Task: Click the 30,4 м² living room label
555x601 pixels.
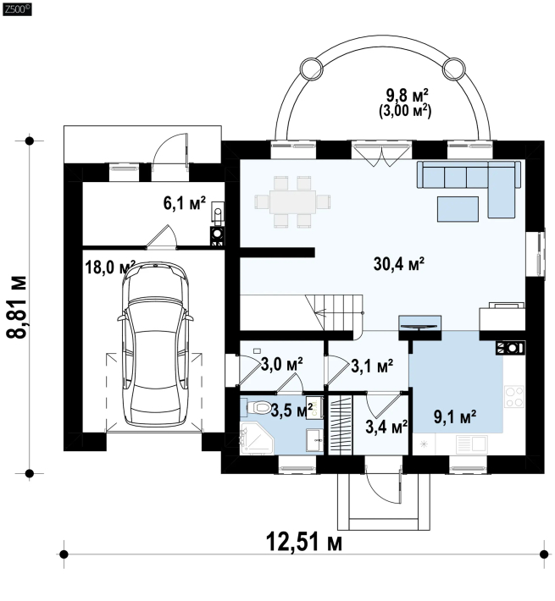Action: [x=399, y=264]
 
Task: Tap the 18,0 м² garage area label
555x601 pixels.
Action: [x=110, y=267]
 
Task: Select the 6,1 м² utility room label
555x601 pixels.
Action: [x=185, y=203]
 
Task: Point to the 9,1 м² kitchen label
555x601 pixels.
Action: [x=455, y=416]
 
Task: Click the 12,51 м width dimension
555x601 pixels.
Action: [x=304, y=542]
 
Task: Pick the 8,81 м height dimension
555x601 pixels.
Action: [x=17, y=306]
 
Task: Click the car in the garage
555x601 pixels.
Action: [x=155, y=344]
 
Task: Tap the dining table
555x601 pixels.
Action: [x=292, y=201]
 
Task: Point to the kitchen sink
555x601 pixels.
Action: [x=471, y=444]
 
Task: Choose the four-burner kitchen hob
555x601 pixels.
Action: [x=514, y=396]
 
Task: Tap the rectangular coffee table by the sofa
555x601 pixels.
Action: [x=458, y=209]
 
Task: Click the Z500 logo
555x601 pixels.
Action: [x=17, y=9]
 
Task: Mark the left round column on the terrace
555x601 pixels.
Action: [x=311, y=69]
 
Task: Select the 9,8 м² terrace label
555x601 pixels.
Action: [x=407, y=95]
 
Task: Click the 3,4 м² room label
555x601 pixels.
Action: [x=386, y=427]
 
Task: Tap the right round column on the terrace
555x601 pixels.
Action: [x=454, y=69]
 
